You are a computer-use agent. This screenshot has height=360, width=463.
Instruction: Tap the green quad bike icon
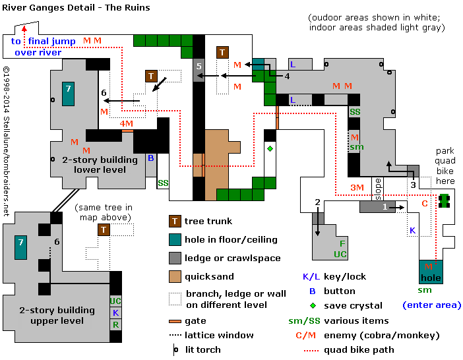click(x=445, y=200)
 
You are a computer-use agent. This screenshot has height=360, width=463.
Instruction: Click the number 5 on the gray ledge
click(x=199, y=67)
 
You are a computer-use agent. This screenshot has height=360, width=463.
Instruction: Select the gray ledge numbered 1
click(x=385, y=207)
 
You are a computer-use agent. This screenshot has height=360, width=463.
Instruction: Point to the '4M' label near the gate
click(x=126, y=123)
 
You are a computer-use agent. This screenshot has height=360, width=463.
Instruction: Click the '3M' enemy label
click(x=357, y=188)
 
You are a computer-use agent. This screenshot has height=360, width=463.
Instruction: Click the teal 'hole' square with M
click(x=430, y=270)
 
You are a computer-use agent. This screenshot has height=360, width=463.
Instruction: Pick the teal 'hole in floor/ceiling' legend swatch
click(x=175, y=239)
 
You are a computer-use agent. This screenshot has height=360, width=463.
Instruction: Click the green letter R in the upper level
click(x=115, y=324)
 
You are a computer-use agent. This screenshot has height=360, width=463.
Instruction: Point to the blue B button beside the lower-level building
click(x=150, y=158)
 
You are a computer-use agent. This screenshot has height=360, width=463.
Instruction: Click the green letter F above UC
click(x=342, y=243)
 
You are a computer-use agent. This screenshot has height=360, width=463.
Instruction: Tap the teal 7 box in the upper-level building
click(x=20, y=247)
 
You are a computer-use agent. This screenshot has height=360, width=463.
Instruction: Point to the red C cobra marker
click(x=425, y=203)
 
